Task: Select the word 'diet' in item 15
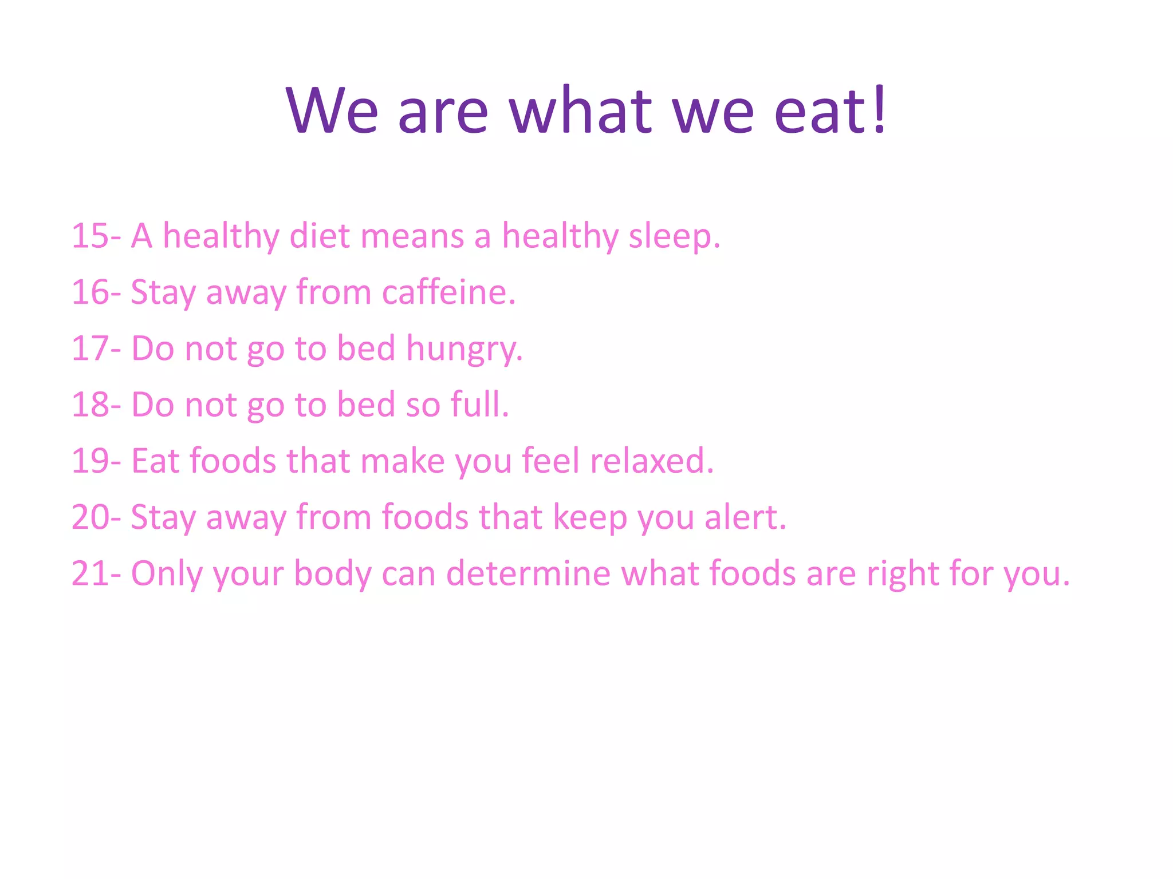coord(319,235)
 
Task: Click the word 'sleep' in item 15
coord(670,236)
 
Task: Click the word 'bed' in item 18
coord(365,404)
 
